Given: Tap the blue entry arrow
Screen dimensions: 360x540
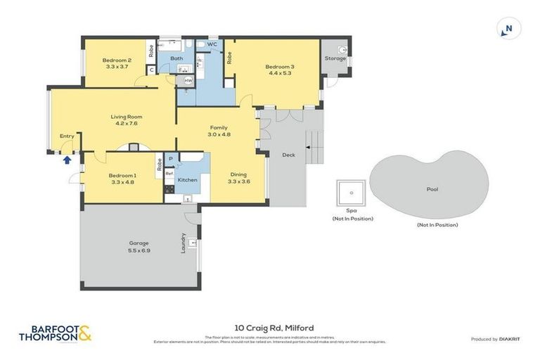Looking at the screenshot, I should click(x=67, y=160).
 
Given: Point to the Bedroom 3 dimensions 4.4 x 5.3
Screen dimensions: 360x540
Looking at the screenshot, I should click(x=279, y=73).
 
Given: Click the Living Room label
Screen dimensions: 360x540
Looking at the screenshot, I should click(x=127, y=117).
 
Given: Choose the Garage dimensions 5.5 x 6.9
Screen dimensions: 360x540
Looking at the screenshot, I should click(x=139, y=250).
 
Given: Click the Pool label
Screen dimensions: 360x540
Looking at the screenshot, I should click(x=432, y=189).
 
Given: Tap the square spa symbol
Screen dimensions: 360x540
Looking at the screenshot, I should click(x=352, y=192).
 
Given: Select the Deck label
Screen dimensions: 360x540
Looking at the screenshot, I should click(x=288, y=155).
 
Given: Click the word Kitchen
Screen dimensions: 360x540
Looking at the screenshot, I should click(x=188, y=180).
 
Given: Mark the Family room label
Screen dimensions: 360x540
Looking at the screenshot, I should click(x=219, y=127).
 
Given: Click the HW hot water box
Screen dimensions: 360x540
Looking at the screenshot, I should click(x=188, y=81).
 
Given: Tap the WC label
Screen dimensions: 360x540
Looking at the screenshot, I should click(x=212, y=44).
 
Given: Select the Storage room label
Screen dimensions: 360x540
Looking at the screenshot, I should click(x=335, y=58).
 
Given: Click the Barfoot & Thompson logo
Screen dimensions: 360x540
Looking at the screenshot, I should click(x=55, y=333).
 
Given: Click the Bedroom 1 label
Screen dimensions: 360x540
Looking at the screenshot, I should click(x=122, y=175).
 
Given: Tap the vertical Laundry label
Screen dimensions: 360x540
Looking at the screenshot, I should click(x=184, y=243).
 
